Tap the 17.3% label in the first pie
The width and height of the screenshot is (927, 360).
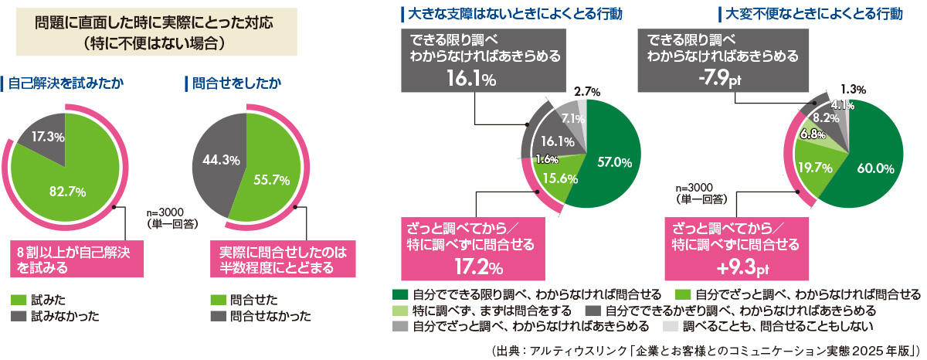coord(48,136)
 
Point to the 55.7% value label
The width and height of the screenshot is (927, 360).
coord(271,179)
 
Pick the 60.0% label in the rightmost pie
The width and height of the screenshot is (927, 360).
coord(875,168)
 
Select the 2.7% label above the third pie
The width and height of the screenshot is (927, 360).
coord(589,92)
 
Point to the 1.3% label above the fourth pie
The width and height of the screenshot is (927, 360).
coord(853,90)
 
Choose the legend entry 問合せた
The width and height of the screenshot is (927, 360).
coord(246,298)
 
